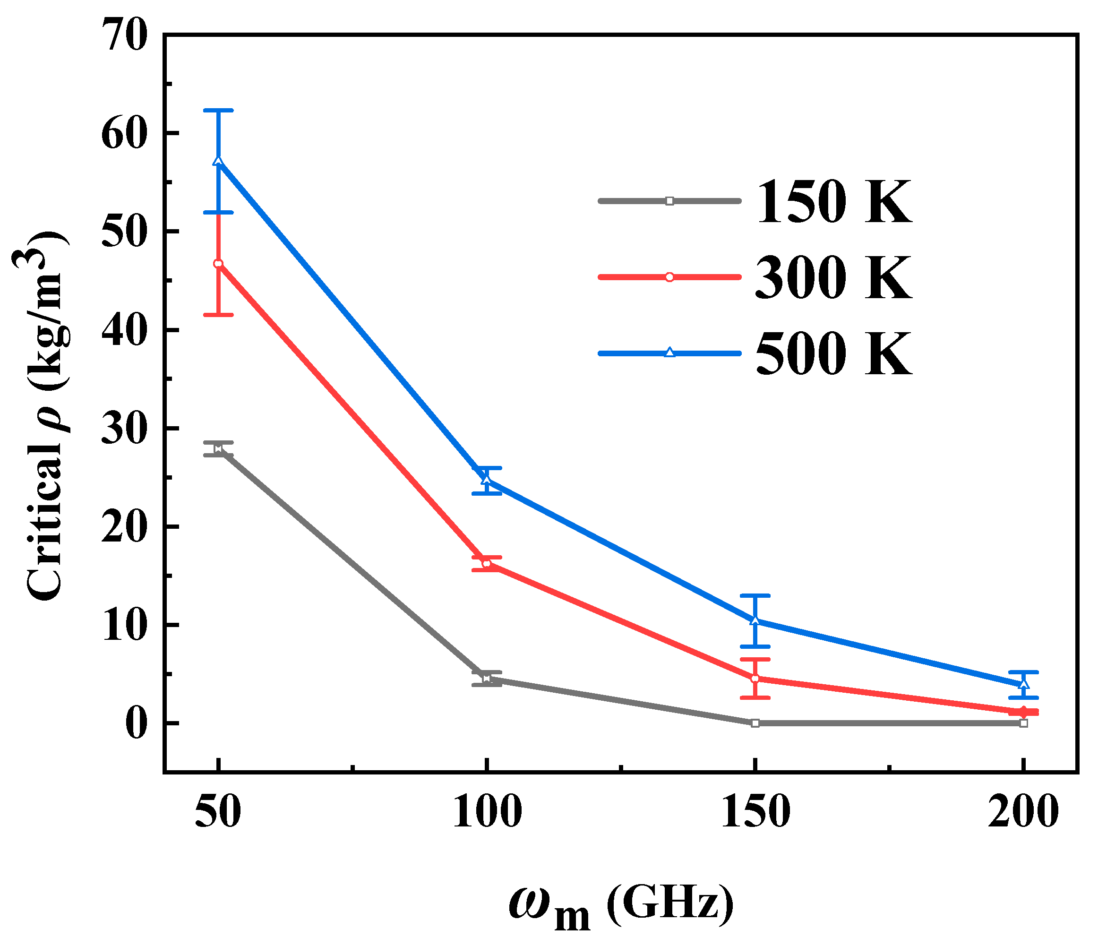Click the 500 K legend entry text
833,354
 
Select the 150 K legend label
833,202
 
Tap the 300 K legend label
833,278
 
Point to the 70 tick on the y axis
126,35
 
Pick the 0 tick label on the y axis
136,724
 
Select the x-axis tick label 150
755,813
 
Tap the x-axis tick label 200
1023,813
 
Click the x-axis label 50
218,813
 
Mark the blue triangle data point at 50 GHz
218,161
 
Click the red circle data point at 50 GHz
218,263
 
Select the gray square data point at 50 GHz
218,448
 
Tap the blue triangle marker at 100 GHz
487,479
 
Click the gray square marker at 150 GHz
755,723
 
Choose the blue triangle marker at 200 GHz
1024,684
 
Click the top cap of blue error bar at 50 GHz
218,110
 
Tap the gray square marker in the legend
669,201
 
